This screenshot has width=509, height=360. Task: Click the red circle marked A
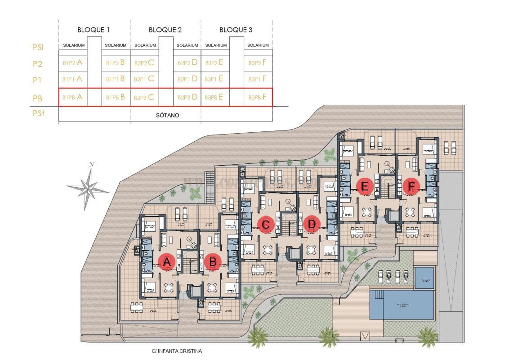click(167, 261)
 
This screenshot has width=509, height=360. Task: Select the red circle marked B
click(213, 261)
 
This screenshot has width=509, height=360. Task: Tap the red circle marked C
click(266, 224)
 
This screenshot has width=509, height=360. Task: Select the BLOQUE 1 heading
click(94, 30)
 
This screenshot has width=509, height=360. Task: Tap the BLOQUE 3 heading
click(236, 30)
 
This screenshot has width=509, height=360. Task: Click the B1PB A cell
click(72, 97)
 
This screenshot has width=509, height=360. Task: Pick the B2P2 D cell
click(188, 63)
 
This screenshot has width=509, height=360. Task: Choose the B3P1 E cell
click(214, 79)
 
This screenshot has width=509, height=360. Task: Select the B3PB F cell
click(258, 97)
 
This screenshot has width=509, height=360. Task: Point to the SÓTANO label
click(167, 115)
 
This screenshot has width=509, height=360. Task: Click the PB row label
click(38, 98)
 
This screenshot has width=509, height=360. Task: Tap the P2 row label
click(38, 64)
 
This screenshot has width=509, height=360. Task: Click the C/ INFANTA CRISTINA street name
click(177, 351)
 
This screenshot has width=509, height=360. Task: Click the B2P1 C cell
click(144, 79)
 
